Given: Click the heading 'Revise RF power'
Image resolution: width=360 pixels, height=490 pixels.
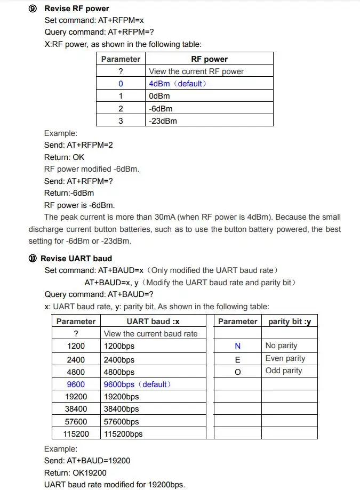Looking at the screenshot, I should [77, 9].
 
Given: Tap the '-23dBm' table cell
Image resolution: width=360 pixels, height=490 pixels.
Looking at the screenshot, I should [163, 121].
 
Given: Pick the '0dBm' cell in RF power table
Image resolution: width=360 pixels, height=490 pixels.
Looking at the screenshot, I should [159, 96].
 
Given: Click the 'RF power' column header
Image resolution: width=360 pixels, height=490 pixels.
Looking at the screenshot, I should [209, 59].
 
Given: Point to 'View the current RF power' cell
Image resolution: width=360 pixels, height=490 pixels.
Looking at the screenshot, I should [196, 71].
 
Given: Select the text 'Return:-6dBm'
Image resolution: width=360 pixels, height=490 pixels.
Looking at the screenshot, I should [69, 193].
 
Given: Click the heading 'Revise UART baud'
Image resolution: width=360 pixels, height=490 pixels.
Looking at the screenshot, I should [76, 259].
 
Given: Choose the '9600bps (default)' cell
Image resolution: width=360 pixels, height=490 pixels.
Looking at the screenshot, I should [137, 384].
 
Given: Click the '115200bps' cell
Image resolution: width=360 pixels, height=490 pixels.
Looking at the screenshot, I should [123, 433].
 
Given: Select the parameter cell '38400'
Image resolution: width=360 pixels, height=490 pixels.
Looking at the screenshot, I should [76, 409].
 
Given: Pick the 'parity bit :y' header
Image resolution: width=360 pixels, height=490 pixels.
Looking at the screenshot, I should [289, 322].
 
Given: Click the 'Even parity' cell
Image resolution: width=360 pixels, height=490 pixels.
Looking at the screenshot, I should [285, 358].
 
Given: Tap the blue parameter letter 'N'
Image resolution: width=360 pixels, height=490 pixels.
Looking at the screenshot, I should [237, 346].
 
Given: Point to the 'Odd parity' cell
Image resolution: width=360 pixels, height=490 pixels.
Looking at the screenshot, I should [284, 371].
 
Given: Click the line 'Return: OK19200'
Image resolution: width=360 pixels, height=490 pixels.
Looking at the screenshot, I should [75, 472].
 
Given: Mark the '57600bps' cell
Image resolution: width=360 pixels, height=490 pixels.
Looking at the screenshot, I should [121, 421].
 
